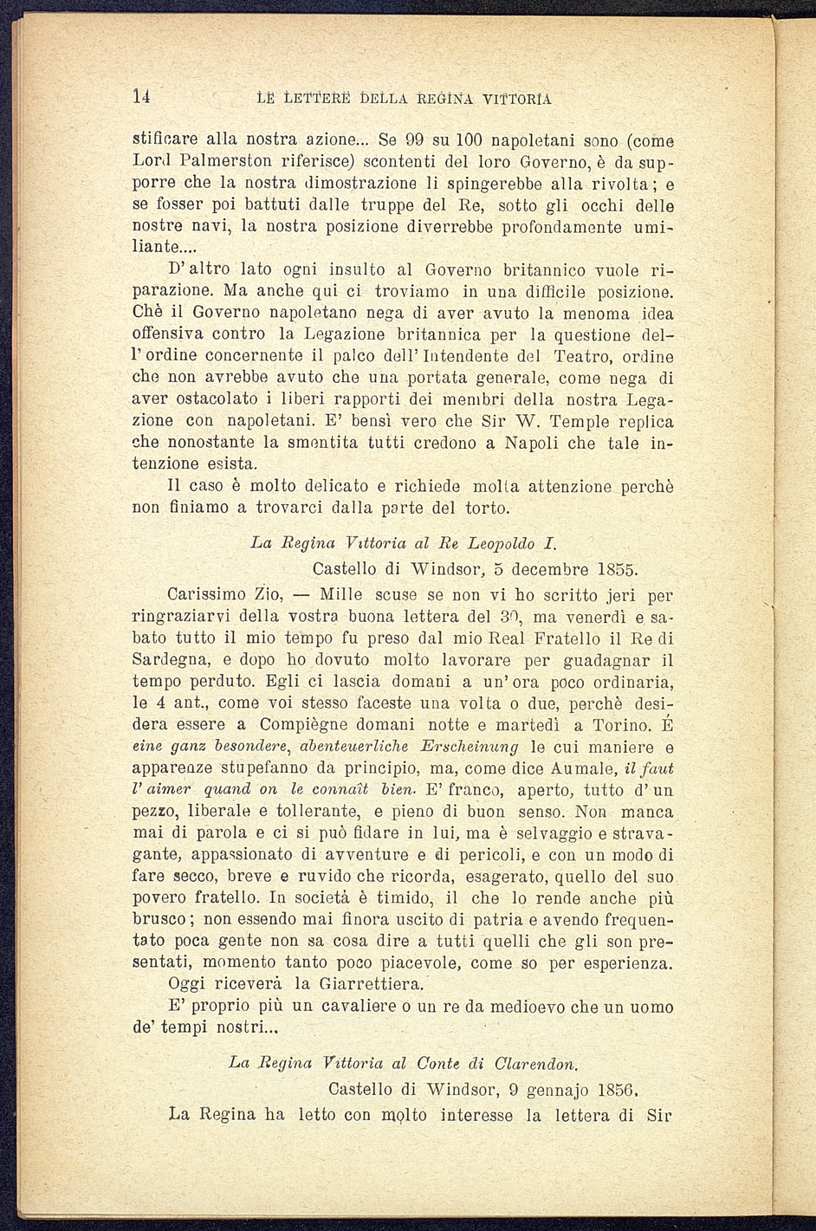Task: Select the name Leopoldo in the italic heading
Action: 497,544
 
